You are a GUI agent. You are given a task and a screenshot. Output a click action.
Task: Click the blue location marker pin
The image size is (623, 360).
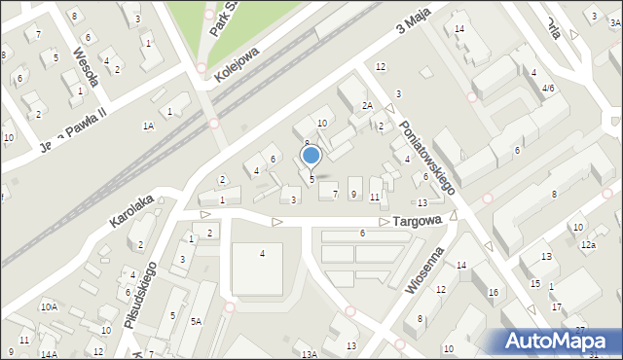(x=311, y=156)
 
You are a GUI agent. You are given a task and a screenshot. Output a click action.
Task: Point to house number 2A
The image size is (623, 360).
(x=367, y=105)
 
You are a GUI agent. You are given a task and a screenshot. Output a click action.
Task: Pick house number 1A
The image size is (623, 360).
(x=148, y=126)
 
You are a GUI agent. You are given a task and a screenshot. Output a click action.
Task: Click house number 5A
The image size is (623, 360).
(x=196, y=321)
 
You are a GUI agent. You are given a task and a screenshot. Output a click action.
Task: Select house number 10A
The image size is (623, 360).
(x=49, y=306)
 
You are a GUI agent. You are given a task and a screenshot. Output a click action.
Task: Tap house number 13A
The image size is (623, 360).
(x=309, y=354)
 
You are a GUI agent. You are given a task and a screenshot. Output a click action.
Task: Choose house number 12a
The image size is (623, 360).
(x=588, y=245)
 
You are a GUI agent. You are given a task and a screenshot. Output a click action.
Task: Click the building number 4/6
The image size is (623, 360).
(x=548, y=88)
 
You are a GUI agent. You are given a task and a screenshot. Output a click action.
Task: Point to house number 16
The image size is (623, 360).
(x=493, y=292)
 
